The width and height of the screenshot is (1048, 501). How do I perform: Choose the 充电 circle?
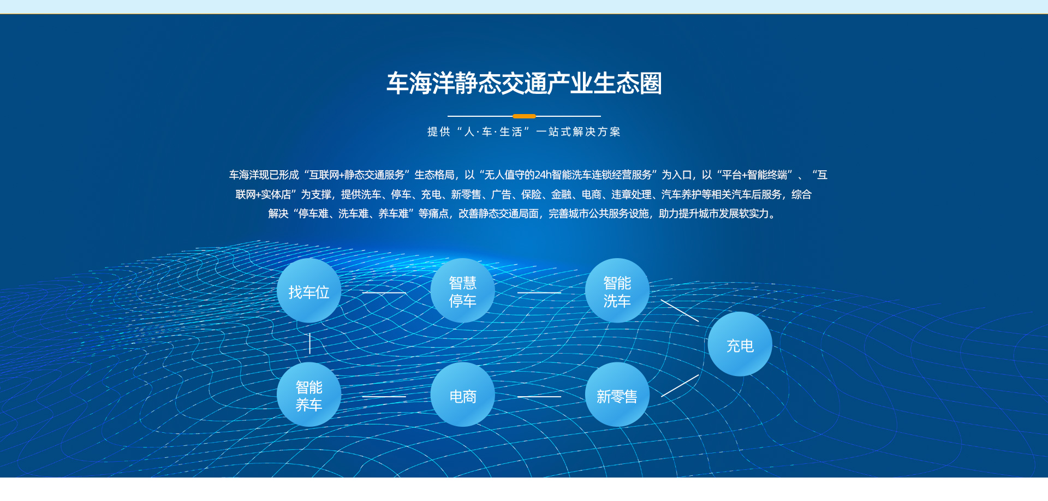(x=740, y=344)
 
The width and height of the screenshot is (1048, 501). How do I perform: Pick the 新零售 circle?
(x=617, y=395)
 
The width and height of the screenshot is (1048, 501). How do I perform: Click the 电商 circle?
(x=463, y=395)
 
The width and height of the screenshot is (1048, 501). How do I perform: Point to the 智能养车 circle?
(x=309, y=395)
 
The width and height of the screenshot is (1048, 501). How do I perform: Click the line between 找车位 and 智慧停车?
(x=384, y=293)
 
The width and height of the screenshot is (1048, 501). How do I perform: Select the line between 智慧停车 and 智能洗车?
(x=539, y=293)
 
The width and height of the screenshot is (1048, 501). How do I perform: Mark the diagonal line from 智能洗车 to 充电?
(x=680, y=311)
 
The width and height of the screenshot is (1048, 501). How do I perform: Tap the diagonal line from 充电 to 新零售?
(x=680, y=385)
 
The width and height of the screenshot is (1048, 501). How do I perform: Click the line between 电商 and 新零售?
(x=539, y=397)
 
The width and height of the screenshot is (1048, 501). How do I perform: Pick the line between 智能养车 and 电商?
(x=384, y=397)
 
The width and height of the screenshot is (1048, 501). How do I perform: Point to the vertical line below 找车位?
(x=309, y=343)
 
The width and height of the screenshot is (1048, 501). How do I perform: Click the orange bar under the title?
(x=524, y=116)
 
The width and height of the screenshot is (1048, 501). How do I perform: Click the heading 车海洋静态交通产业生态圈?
(x=524, y=83)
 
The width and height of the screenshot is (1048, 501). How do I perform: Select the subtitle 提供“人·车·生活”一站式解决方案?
(x=524, y=132)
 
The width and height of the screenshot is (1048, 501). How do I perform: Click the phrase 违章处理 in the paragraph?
(x=631, y=194)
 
